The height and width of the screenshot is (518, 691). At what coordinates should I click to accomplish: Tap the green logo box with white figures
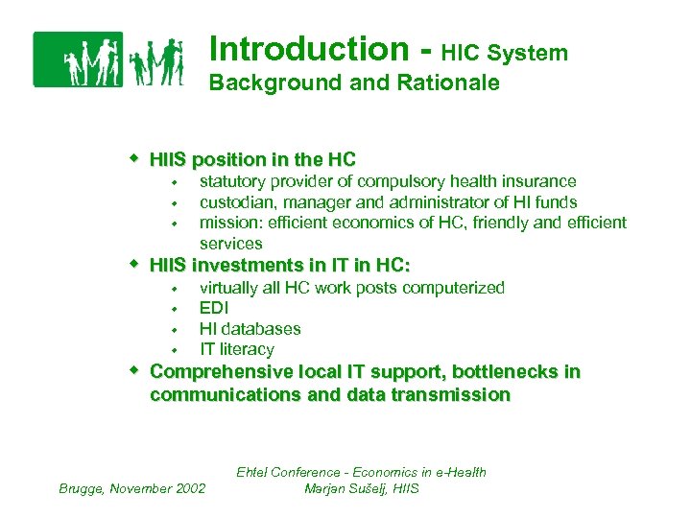(x=78, y=59)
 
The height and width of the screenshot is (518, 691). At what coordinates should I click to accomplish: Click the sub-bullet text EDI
(x=214, y=308)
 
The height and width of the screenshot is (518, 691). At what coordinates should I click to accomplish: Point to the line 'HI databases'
(x=250, y=329)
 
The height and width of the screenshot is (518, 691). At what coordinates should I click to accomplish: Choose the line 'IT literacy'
(x=236, y=349)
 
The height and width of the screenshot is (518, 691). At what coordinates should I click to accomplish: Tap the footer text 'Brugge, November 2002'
(x=132, y=488)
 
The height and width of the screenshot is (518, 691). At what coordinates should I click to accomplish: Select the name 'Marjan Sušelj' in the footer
(x=340, y=488)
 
